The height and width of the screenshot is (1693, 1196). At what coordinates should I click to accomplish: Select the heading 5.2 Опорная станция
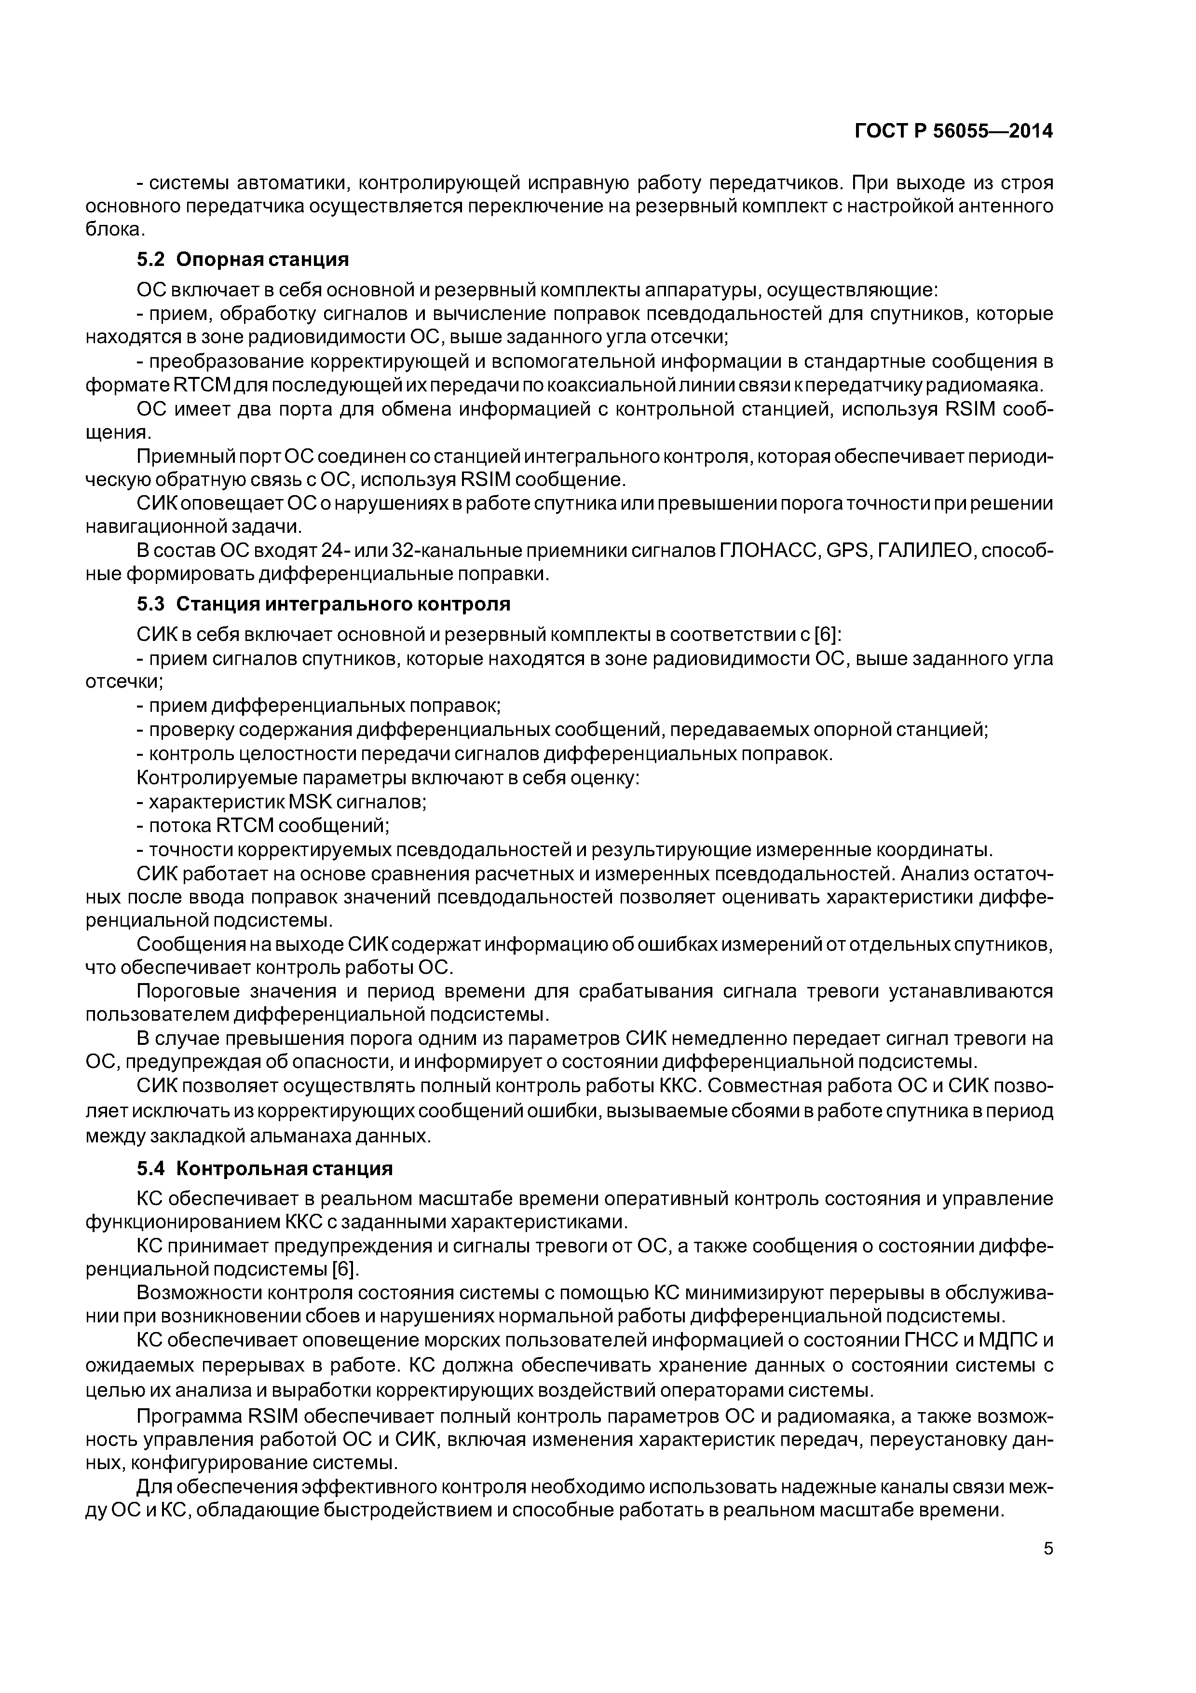click(243, 260)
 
